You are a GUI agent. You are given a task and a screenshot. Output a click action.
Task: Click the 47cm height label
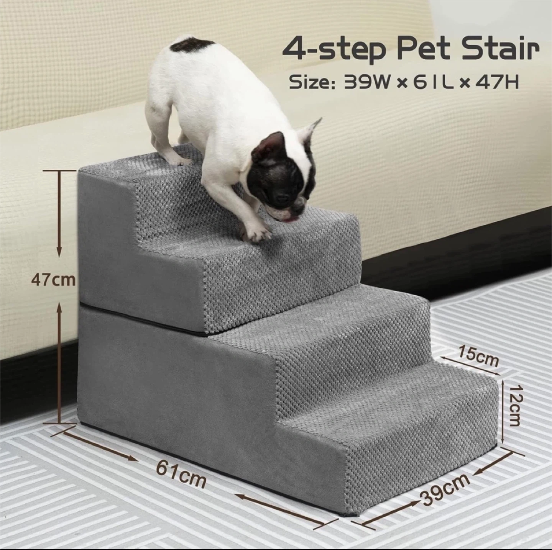(54, 280)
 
